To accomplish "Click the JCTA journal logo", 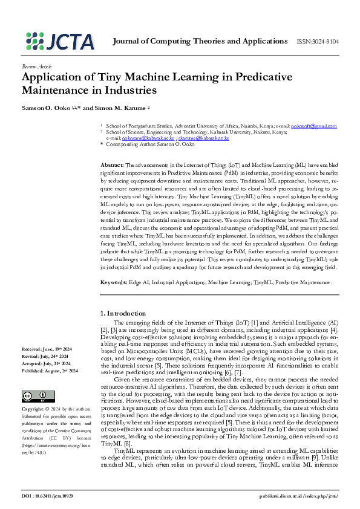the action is click(x=61, y=41).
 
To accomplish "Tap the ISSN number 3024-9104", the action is click(x=317, y=42).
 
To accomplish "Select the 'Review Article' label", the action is click(x=37, y=66).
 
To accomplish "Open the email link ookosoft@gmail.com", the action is click(x=314, y=126).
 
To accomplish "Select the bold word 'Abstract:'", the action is click(x=112, y=165).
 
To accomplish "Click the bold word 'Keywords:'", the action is click(x=113, y=282).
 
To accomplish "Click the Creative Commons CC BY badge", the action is click(x=31, y=379).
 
